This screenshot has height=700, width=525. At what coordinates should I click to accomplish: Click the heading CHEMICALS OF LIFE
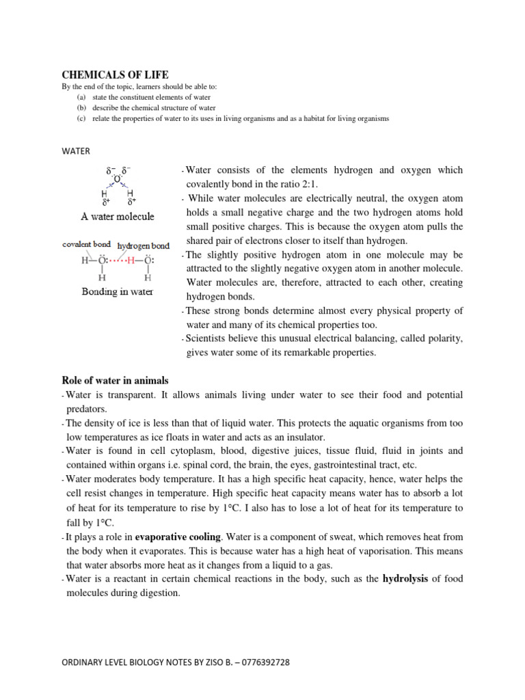(115, 75)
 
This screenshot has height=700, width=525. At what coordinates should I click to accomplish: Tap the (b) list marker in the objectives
(81, 108)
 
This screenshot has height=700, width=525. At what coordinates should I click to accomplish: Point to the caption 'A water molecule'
(118, 217)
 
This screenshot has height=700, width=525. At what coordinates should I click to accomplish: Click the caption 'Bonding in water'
(118, 292)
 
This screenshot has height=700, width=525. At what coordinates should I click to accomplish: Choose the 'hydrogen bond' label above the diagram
(143, 244)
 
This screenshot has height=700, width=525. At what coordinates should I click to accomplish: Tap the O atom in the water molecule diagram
(118, 179)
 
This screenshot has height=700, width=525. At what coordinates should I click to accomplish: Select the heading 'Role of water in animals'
(115, 380)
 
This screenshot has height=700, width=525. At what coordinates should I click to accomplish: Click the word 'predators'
(87, 409)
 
